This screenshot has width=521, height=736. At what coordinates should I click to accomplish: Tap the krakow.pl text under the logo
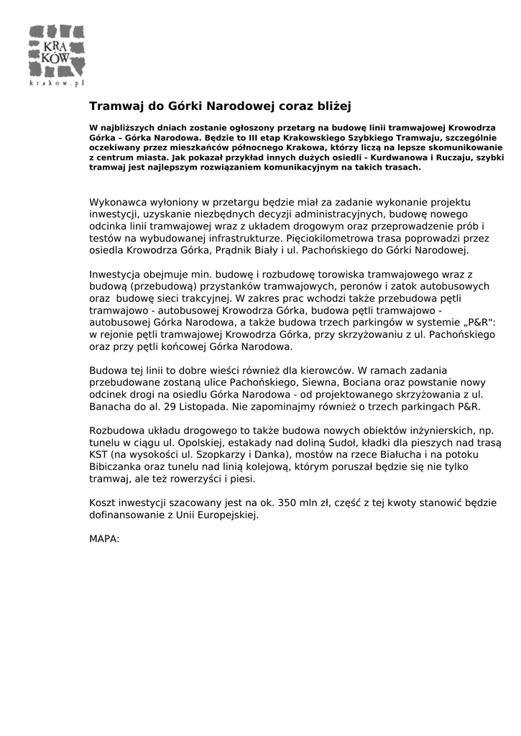pyautogui.click(x=57, y=83)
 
